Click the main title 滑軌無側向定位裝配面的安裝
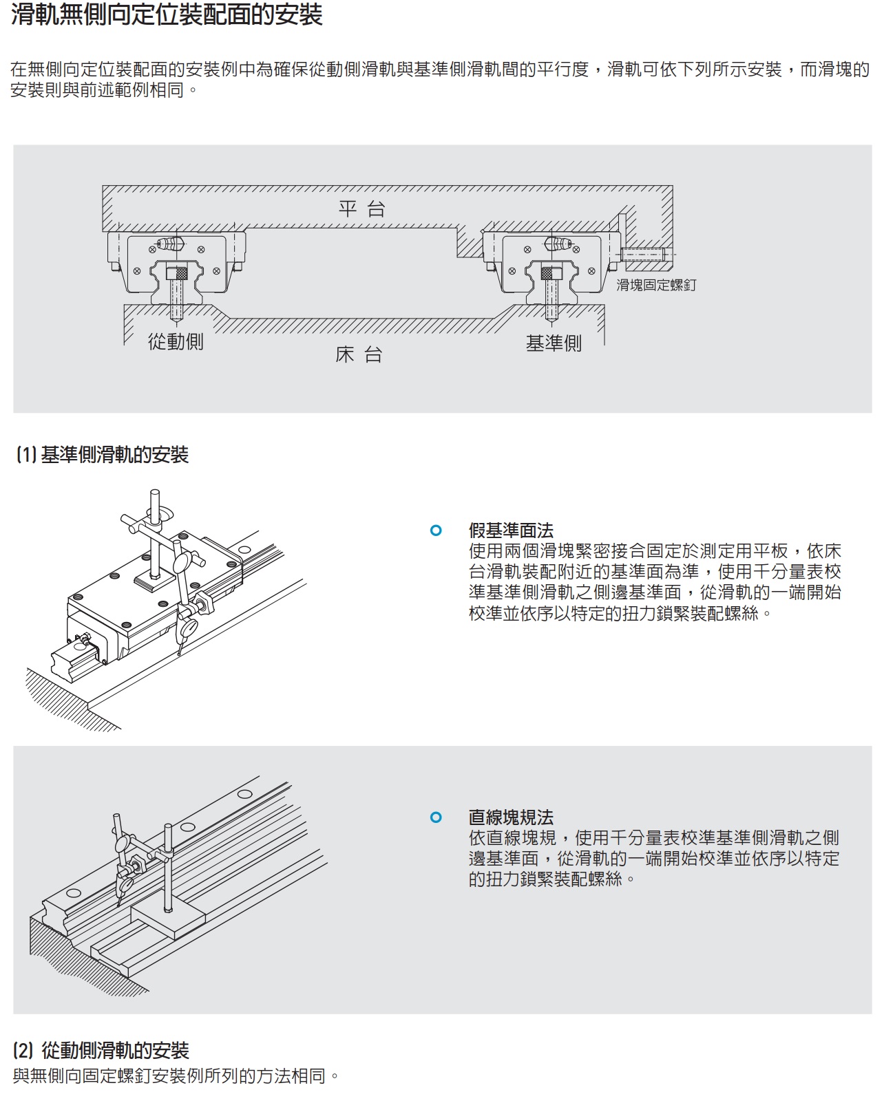[x=167, y=15]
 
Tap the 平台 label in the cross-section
[x=361, y=209]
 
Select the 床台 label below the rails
[x=359, y=355]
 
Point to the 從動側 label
[x=176, y=342]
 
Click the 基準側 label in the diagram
[x=554, y=343]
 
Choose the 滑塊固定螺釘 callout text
[x=655, y=285]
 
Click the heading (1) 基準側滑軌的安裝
[x=102, y=455]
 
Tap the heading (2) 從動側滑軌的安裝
[x=101, y=1051]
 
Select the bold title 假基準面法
[x=511, y=531]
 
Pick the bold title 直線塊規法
[x=511, y=817]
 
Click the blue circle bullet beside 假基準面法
[x=436, y=531]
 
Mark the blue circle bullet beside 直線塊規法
[x=436, y=817]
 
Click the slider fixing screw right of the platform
[x=644, y=255]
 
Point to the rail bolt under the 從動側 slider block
[x=176, y=292]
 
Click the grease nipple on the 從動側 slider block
[x=169, y=243]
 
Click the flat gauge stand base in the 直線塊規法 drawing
[x=167, y=921]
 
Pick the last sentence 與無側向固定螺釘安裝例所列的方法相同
[x=176, y=1075]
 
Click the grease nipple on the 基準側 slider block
[x=559, y=243]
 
